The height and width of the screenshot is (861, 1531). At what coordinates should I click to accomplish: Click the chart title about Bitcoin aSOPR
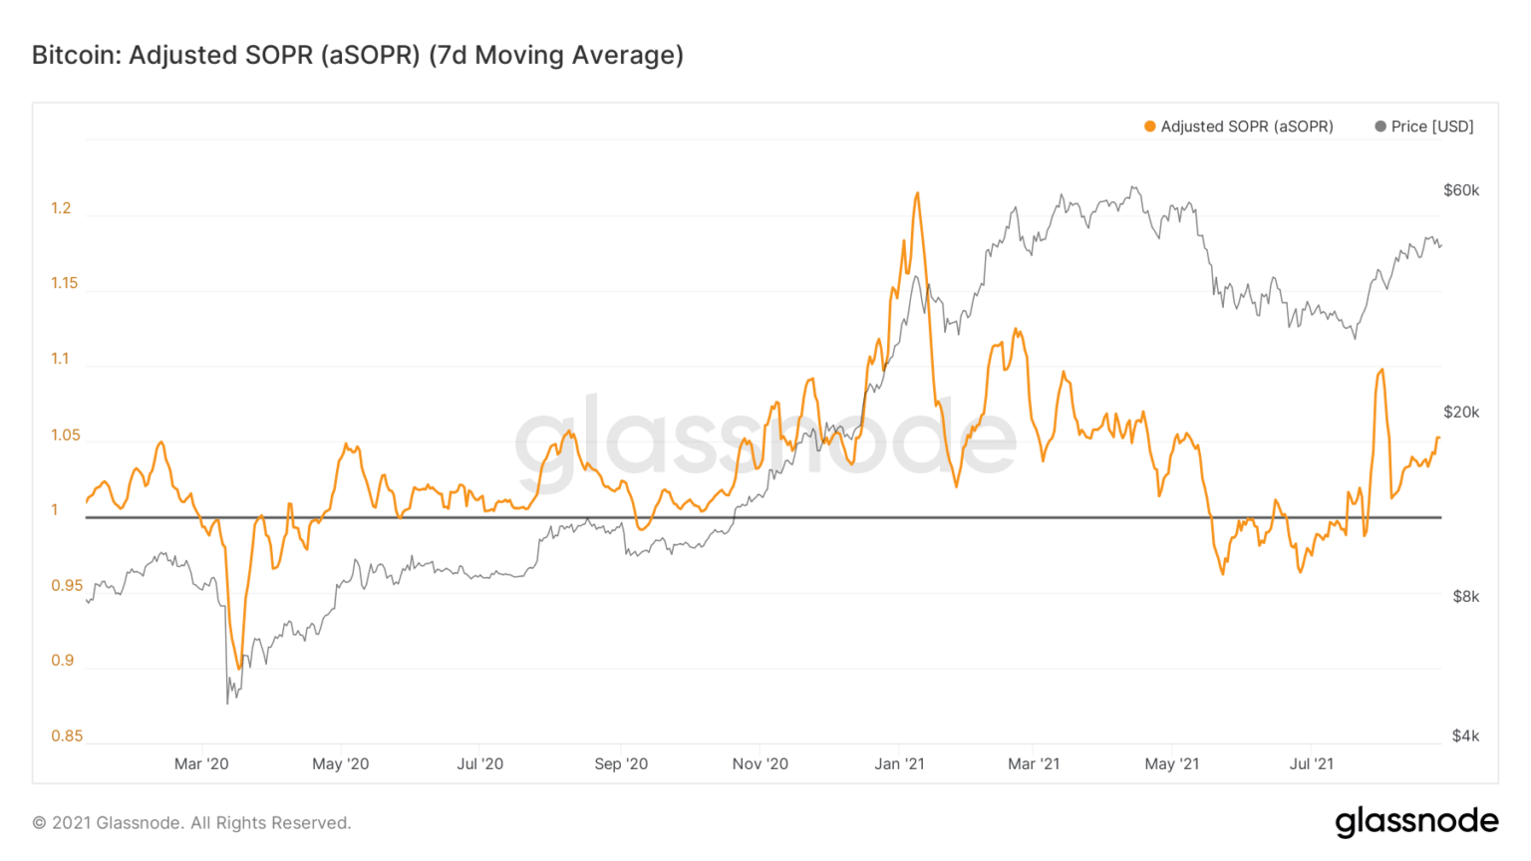coord(357,55)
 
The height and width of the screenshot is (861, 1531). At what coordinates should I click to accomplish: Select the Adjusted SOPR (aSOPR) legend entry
coord(1238,127)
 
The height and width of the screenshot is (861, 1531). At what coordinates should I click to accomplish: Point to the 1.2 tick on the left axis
coord(61,208)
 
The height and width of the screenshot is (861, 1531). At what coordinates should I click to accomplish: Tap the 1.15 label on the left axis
coord(64,283)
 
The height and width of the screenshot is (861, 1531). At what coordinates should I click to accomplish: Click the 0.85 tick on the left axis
coord(67,736)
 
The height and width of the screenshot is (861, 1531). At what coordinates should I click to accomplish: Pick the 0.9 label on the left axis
coord(62,661)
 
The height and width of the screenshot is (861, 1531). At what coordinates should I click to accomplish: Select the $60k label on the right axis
coord(1461,190)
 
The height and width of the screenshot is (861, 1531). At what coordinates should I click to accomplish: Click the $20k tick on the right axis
coord(1461,413)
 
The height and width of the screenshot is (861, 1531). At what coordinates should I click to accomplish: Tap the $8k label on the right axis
coord(1465,597)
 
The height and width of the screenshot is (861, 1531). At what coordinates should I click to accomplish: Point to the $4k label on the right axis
coord(1465,736)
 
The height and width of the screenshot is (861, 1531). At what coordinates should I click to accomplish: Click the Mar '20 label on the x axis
coord(201,764)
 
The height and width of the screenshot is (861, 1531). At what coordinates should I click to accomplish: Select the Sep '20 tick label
coord(621,764)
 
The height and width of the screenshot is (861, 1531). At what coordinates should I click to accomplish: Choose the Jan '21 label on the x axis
coord(899,764)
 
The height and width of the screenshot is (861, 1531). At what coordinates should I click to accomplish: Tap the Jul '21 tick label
coord(1311,764)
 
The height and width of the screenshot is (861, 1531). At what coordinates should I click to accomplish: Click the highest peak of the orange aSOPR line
coord(917,193)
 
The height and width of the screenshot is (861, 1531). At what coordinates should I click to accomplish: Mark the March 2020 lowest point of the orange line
coord(238,668)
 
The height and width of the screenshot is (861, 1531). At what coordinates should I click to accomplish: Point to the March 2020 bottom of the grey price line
coord(227,703)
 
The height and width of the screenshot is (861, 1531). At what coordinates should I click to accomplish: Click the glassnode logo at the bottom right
coord(1416,822)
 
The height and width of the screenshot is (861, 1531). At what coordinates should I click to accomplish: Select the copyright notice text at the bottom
coord(191,823)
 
